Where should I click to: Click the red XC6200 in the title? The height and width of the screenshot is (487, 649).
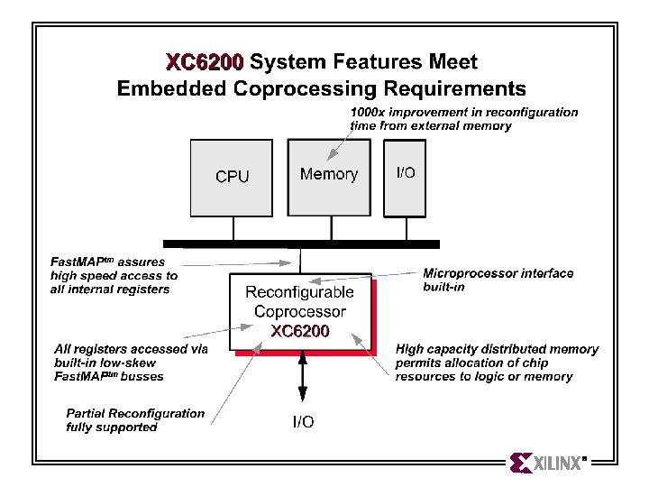pyautogui.click(x=205, y=62)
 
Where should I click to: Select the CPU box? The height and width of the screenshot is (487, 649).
pyautogui.click(x=232, y=178)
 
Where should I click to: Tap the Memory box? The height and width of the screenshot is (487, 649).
pyautogui.click(x=329, y=178)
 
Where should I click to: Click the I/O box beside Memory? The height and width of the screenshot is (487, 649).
pyautogui.click(x=405, y=178)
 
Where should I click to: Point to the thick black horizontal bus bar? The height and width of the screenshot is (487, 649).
pyautogui.click(x=301, y=243)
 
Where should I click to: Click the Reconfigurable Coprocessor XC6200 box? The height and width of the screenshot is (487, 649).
pyautogui.click(x=300, y=311)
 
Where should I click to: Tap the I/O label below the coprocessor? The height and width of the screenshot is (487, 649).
pyautogui.click(x=303, y=421)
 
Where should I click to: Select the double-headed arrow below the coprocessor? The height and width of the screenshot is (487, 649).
pyautogui.click(x=303, y=375)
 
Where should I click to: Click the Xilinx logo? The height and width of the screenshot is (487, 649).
pyautogui.click(x=548, y=463)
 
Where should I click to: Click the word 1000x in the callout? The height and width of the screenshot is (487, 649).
pyautogui.click(x=368, y=112)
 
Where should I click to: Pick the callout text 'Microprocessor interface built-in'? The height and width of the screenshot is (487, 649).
pyautogui.click(x=498, y=280)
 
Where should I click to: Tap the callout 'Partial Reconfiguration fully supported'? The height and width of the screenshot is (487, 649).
pyautogui.click(x=135, y=420)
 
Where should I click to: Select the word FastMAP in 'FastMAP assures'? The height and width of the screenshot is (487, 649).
pyautogui.click(x=78, y=262)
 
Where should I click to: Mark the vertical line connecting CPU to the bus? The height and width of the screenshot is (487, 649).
pyautogui.click(x=233, y=228)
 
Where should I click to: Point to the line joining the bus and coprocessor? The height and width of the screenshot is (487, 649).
pyautogui.click(x=300, y=261)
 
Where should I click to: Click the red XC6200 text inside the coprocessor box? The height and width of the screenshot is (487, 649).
pyautogui.click(x=300, y=331)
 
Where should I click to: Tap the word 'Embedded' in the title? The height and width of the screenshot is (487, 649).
pyautogui.click(x=172, y=88)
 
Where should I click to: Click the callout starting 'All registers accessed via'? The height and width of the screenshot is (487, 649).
pyautogui.click(x=131, y=363)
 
